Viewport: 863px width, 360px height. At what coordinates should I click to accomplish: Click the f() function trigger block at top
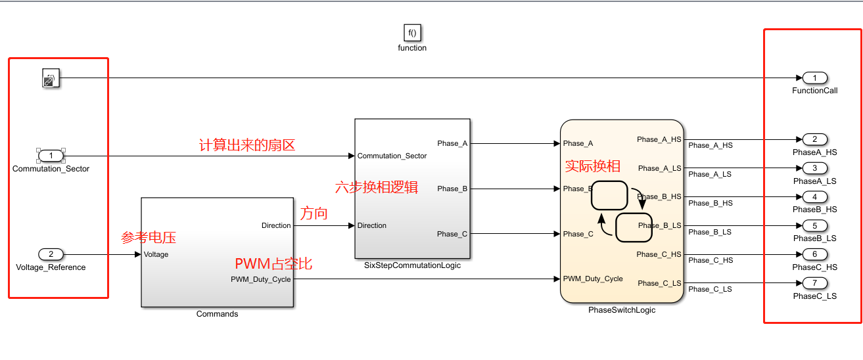tap(412, 32)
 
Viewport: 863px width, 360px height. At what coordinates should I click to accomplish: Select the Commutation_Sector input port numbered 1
tap(51, 156)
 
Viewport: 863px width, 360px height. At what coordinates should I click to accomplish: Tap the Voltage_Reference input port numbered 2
tap(51, 254)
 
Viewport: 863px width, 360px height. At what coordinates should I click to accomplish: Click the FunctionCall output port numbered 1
tap(814, 78)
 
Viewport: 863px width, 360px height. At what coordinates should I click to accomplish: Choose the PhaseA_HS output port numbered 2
tap(814, 139)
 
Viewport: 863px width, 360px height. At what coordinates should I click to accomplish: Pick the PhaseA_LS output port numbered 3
tap(814, 168)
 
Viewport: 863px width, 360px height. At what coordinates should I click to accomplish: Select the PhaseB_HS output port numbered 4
tap(814, 197)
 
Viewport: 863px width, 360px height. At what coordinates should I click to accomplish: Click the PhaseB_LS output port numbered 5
tap(814, 226)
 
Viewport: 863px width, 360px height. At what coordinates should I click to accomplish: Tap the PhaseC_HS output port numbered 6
tap(814, 254)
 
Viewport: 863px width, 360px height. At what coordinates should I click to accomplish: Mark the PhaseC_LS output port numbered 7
tap(814, 283)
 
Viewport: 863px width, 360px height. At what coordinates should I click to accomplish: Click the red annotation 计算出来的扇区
tap(247, 145)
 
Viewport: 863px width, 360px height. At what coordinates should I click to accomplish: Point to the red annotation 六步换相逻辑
tap(376, 187)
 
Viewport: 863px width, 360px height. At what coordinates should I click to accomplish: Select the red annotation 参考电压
tap(149, 237)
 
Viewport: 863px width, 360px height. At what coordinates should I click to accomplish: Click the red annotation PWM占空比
tap(273, 264)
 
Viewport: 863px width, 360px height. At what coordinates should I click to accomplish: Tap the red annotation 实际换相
tap(593, 166)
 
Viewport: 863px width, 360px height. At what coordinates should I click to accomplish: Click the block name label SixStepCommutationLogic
tap(412, 265)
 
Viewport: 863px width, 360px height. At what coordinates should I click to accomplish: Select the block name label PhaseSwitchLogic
tap(622, 310)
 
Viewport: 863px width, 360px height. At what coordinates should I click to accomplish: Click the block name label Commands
tap(217, 314)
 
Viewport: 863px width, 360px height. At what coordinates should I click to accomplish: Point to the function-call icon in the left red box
tap(51, 78)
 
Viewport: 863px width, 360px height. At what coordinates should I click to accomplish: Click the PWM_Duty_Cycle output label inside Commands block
tap(260, 279)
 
